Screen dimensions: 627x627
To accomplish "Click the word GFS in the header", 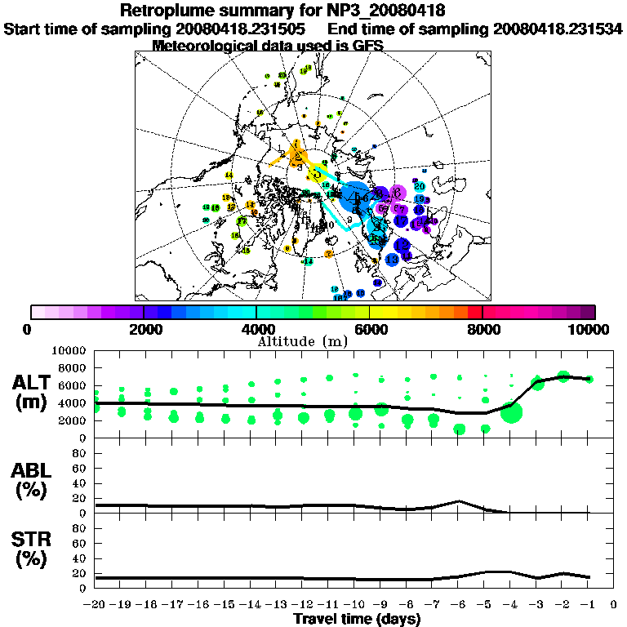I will pos(367,46).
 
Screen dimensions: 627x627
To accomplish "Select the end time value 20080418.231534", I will pos(558,29).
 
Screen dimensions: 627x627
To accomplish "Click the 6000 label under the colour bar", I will pos(370,329).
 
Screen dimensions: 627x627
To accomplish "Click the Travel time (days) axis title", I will pos(357,620).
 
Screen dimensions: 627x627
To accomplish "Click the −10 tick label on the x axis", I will pos(355,605).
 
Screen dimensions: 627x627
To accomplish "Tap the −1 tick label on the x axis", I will pos(588,605).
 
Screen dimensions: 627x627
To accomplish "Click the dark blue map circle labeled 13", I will pos(392,260).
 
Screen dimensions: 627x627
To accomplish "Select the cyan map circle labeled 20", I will pos(419,187).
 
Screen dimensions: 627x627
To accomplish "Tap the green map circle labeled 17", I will pos(242,221).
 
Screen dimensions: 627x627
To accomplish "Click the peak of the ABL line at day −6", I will pos(460,500).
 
